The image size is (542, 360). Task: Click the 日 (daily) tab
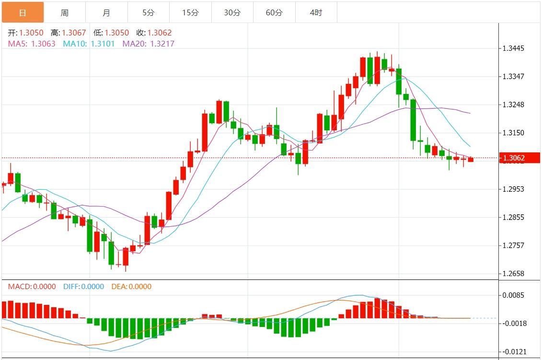[x=23, y=13]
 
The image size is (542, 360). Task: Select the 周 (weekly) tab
[x=65, y=13]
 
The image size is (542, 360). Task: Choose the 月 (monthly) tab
[x=106, y=13]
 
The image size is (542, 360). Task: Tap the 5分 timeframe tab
[x=148, y=13]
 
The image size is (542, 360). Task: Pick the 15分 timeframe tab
[x=190, y=13]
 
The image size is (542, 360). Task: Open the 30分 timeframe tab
[x=232, y=13]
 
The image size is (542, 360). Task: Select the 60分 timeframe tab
[x=274, y=13]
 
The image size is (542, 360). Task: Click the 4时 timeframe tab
[x=316, y=13]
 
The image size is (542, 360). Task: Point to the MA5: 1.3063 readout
[x=32, y=44]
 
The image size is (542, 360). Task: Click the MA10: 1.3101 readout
[x=90, y=44]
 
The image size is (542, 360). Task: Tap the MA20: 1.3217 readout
[x=149, y=44]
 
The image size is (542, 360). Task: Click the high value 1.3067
[x=68, y=33]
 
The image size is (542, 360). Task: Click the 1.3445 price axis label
[x=513, y=48]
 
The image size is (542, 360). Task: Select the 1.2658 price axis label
[x=513, y=274]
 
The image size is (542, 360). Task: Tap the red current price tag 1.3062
[x=519, y=158]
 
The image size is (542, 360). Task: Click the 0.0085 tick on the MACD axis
[x=513, y=295]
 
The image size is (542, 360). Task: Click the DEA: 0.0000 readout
[x=131, y=287]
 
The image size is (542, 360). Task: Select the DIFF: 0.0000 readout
[x=83, y=287]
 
